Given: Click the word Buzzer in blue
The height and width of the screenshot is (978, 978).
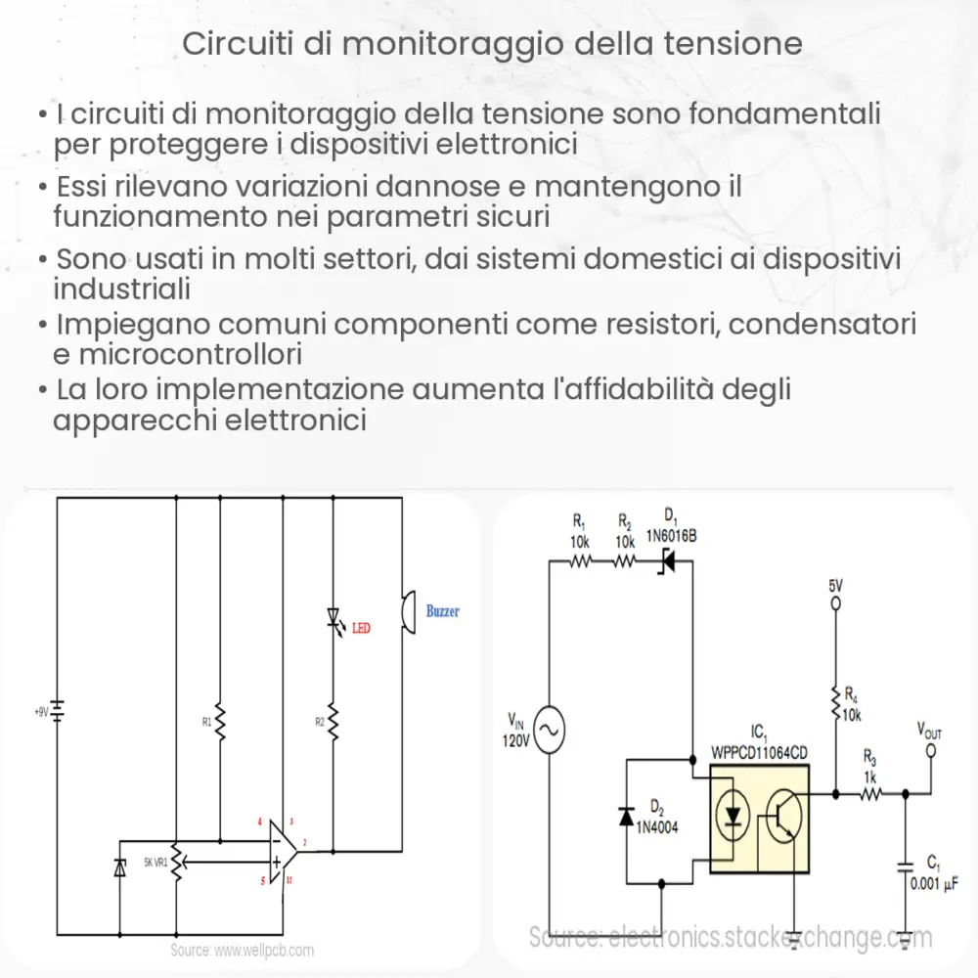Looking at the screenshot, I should (x=442, y=611).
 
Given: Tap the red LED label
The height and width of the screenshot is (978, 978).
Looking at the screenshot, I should (x=361, y=628).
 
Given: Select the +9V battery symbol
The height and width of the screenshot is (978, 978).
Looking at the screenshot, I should (x=58, y=711).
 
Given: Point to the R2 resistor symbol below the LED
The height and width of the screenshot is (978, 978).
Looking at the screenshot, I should (x=333, y=722).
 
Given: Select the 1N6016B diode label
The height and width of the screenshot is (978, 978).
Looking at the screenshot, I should (x=671, y=536).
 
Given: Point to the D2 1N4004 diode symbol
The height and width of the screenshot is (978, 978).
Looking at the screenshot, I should (x=627, y=817).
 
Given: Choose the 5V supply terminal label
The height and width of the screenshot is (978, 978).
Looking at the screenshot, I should (x=834, y=586).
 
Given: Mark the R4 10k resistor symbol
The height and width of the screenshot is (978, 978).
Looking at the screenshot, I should (x=834, y=701).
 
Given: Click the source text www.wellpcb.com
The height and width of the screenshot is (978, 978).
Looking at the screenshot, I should (x=242, y=950).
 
